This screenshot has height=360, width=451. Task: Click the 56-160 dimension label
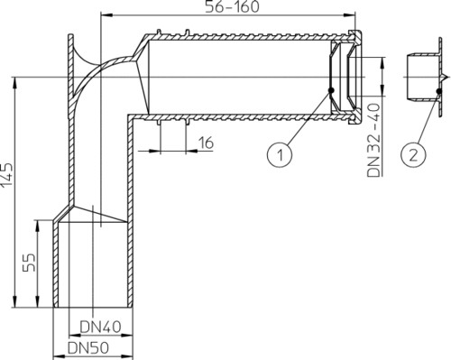pyautogui.click(x=232, y=6)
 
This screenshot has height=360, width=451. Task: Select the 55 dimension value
pyautogui.click(x=29, y=263)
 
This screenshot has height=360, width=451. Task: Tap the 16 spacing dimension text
pyautogui.click(x=206, y=143)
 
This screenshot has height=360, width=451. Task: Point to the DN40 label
pyautogui.click(x=101, y=327)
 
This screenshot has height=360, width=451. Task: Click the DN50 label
pyautogui.click(x=88, y=348)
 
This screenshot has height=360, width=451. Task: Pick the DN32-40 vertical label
pyautogui.click(x=374, y=140)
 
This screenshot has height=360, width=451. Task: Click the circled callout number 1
pyautogui.click(x=280, y=155)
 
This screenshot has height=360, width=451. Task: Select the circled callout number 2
pyautogui.click(x=414, y=154)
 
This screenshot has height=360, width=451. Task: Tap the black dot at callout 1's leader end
pyautogui.click(x=331, y=90)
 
